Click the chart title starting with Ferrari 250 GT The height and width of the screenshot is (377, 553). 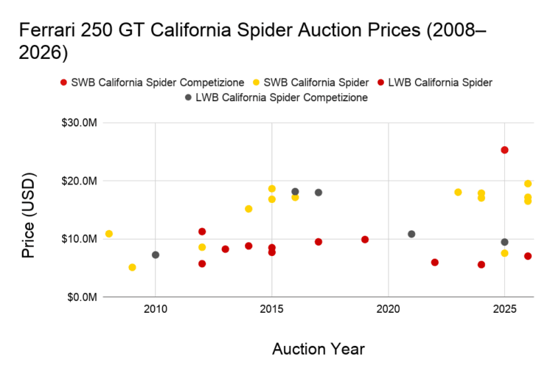(x=251, y=43)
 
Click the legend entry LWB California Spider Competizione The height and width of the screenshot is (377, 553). (x=281, y=97)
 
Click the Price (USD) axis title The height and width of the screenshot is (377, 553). (x=28, y=210)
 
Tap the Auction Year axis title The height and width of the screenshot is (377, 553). (x=319, y=348)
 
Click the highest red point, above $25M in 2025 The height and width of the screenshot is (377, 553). (x=504, y=150)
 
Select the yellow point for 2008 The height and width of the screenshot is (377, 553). (x=109, y=234)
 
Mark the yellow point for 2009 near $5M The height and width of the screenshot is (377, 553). (x=132, y=267)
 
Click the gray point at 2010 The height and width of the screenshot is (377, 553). (x=155, y=255)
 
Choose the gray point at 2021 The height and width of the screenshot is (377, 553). (x=411, y=234)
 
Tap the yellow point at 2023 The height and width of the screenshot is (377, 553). (x=458, y=192)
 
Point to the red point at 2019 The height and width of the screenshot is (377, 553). (x=365, y=239)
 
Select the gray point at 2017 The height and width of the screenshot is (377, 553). (x=319, y=193)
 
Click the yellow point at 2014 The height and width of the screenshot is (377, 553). (x=248, y=209)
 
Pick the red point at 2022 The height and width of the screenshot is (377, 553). (x=435, y=262)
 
